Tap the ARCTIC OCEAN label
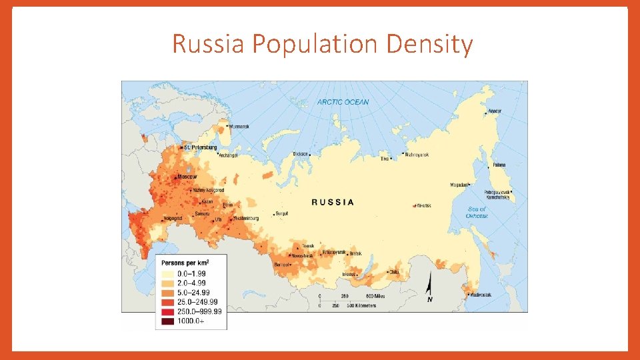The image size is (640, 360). (x=343, y=102)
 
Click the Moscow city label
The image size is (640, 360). (x=187, y=177)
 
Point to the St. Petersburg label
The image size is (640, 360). (x=200, y=147)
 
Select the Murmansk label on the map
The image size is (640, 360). (x=239, y=126)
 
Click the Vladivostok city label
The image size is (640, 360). (x=482, y=294)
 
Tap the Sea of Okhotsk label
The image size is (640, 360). (x=477, y=213)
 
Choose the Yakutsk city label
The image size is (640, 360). (x=425, y=205)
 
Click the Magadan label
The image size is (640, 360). (x=459, y=185)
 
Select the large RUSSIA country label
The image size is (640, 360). (x=333, y=202)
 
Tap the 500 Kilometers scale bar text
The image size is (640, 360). (x=359, y=306)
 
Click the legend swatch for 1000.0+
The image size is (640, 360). (x=167, y=321)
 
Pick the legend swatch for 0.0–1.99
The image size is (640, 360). (x=167, y=273)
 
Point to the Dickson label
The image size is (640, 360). (x=301, y=154)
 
